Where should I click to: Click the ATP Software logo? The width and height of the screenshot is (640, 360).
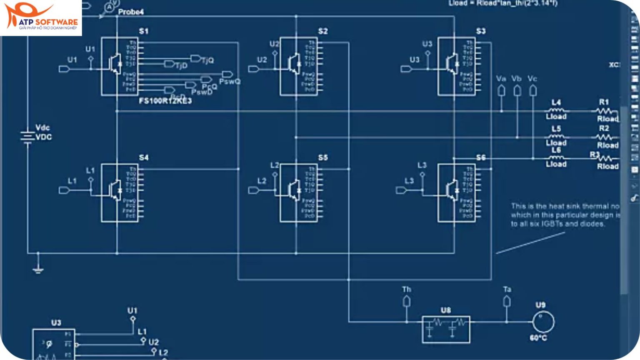(x=41, y=17)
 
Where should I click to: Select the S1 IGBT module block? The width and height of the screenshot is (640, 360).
(x=119, y=67)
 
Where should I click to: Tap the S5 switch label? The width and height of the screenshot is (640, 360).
(x=323, y=157)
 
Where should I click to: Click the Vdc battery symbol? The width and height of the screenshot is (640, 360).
(x=27, y=137)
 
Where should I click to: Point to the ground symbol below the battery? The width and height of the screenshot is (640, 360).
(x=38, y=270)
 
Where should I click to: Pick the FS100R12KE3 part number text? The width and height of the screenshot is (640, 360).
(x=165, y=101)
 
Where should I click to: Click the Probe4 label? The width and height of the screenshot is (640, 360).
(x=131, y=12)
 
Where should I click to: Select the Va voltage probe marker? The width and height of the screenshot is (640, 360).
(x=502, y=91)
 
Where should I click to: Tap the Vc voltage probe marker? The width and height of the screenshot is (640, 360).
(x=533, y=91)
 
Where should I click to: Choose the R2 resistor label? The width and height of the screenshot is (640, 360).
(x=604, y=128)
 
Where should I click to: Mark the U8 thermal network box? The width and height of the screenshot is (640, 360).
(x=446, y=329)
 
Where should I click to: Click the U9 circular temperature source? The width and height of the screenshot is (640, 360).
(x=543, y=322)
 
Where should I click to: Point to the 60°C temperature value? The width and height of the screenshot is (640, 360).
(x=538, y=338)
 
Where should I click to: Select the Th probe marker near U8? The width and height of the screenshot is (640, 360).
(x=407, y=301)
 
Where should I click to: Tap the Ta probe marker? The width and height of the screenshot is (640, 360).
(x=507, y=301)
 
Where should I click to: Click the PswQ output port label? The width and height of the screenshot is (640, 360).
(x=230, y=82)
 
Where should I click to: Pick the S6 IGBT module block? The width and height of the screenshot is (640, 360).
(x=457, y=193)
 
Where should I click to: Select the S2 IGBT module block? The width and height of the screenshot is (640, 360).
(x=298, y=67)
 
